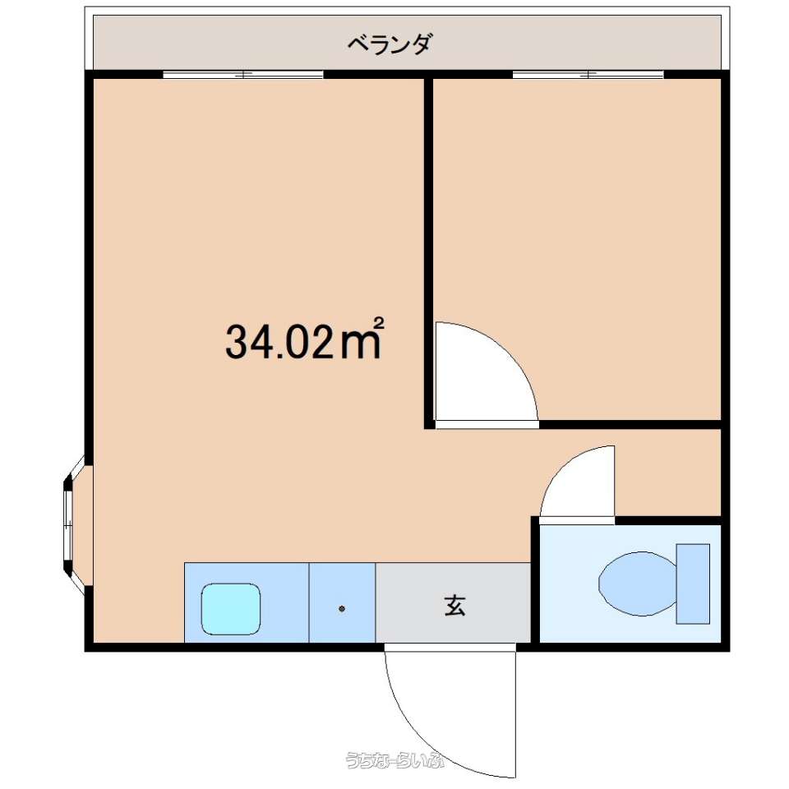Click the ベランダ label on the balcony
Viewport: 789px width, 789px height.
[390, 44]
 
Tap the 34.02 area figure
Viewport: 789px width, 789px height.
[279, 341]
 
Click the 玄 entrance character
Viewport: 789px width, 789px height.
[454, 606]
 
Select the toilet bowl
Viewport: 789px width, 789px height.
[638, 584]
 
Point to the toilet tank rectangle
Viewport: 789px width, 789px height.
[693, 584]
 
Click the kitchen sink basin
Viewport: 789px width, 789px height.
[231, 609]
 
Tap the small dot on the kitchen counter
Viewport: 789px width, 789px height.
[342, 609]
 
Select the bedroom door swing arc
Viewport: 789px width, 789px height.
[505, 353]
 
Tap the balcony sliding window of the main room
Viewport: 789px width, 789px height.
[243, 75]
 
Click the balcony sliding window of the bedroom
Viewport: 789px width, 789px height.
[588, 75]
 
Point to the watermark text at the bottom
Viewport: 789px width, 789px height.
[395, 759]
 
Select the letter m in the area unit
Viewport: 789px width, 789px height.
[360, 344]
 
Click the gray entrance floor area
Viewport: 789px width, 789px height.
[454, 602]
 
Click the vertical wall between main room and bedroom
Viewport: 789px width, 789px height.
[429, 251]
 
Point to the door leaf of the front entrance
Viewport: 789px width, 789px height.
[516, 713]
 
